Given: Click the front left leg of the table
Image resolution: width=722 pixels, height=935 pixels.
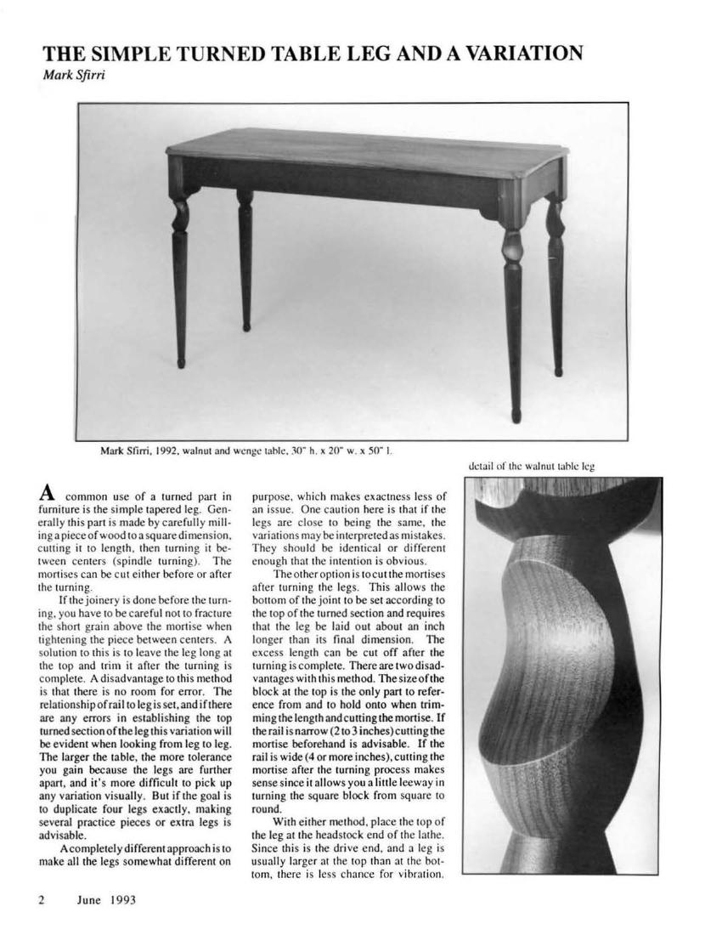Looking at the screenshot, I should (181, 272).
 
